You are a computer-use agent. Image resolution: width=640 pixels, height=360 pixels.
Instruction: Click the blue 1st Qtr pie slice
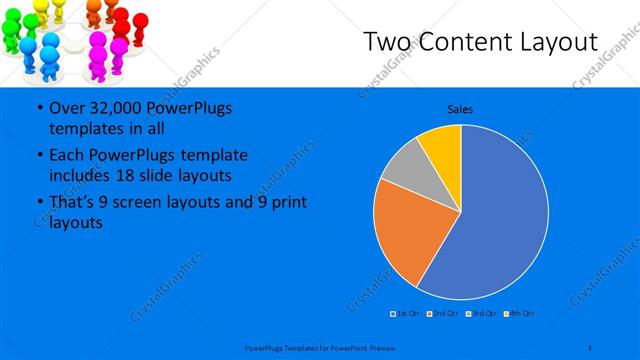point(505,215)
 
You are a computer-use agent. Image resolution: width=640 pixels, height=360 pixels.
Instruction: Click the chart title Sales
point(460,109)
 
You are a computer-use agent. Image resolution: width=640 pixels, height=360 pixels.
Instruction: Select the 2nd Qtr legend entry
point(441,314)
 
